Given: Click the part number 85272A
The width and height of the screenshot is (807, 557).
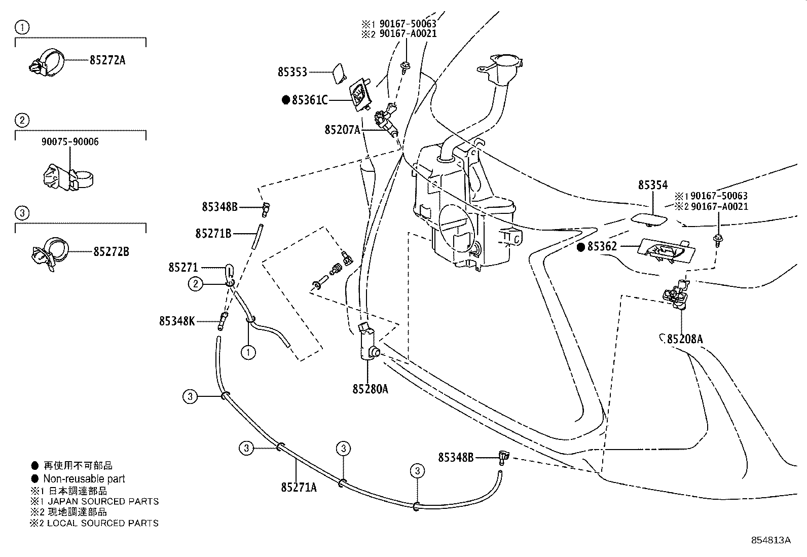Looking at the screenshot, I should tap(107, 60).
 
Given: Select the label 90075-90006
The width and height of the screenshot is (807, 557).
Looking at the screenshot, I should tap(70, 142).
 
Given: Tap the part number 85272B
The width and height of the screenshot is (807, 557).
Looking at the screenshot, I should tap(111, 251).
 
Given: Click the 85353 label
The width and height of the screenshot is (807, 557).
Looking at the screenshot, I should tap(292, 72).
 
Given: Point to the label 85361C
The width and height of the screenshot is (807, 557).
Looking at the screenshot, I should tap(309, 100).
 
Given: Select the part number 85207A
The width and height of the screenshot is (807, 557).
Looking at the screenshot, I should tap(342, 130).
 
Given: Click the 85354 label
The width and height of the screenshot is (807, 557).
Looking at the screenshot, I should tap(653, 185).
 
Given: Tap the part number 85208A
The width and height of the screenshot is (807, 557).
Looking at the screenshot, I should tap(685, 339).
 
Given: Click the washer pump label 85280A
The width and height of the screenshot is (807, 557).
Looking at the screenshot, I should tap(371, 389).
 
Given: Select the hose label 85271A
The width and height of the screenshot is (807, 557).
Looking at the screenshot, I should tap(299, 487).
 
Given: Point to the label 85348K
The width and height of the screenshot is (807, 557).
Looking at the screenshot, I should tap(177, 321).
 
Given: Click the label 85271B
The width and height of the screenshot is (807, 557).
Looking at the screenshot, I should tap(213, 233).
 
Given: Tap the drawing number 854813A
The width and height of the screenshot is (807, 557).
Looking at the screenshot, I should tap(771, 540).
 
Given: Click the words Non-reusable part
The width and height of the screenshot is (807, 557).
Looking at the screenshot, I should tap(84, 478).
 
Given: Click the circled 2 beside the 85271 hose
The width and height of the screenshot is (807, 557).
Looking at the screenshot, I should tap(196, 284).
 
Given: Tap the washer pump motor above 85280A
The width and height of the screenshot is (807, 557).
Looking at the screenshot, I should tap(368, 343).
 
